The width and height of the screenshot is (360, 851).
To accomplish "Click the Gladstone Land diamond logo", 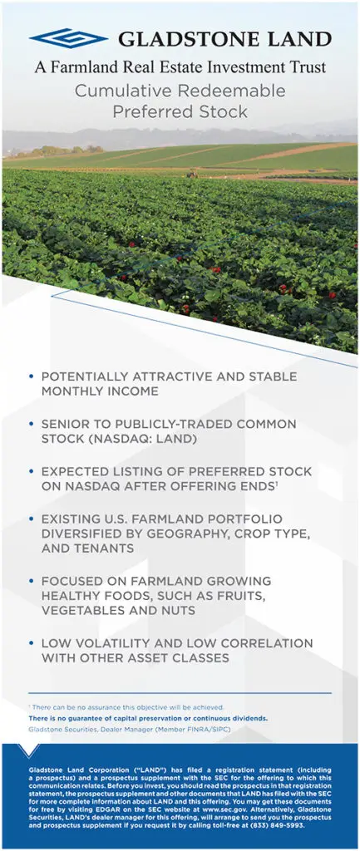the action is (68, 38).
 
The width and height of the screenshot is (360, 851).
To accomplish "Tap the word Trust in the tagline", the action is (307, 67).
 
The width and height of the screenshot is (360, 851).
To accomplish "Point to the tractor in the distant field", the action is (192, 175).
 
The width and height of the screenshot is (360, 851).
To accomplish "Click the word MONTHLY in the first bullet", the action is (68, 391).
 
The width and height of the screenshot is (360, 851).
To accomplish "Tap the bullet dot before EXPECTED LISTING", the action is (31, 470).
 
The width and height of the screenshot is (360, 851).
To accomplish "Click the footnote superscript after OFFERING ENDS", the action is (277, 484).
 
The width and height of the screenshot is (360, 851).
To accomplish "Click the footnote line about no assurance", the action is (126, 707).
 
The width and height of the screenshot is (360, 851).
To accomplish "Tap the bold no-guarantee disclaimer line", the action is (148, 718).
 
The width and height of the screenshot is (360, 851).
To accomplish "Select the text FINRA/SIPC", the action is (210, 730).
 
